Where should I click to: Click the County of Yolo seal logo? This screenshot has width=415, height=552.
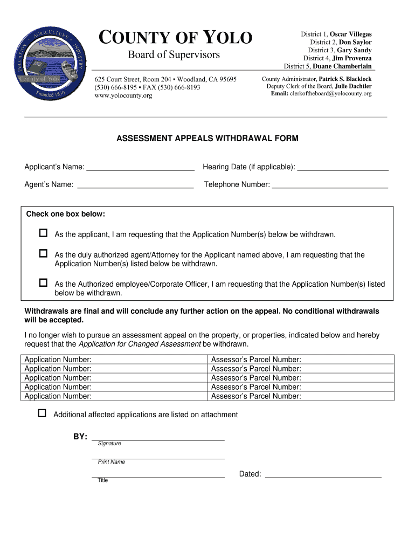49,63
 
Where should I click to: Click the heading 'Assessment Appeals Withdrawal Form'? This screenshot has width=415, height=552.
207,139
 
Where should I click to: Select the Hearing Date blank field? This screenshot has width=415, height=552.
343,168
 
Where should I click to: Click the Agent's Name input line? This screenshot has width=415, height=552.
135,185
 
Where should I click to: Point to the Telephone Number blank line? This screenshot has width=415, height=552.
330,185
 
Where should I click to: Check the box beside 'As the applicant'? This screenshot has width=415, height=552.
43,233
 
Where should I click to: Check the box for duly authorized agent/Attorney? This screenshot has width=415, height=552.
43,253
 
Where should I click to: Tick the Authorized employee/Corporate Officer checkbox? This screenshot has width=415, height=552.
43,282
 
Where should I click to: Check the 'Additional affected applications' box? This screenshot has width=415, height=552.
42,413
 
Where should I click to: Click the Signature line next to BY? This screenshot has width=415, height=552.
158,438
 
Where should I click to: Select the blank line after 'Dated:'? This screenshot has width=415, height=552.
323,475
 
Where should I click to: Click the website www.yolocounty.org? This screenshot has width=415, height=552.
123,95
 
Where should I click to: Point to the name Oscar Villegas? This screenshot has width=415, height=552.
350,34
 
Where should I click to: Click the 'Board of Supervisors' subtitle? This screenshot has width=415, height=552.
174,55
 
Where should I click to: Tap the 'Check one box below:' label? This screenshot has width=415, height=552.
66,214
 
